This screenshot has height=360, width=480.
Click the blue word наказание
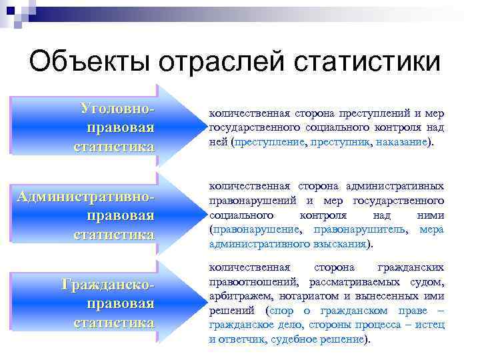(x=401, y=143)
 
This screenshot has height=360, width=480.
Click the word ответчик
(x=243, y=339)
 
